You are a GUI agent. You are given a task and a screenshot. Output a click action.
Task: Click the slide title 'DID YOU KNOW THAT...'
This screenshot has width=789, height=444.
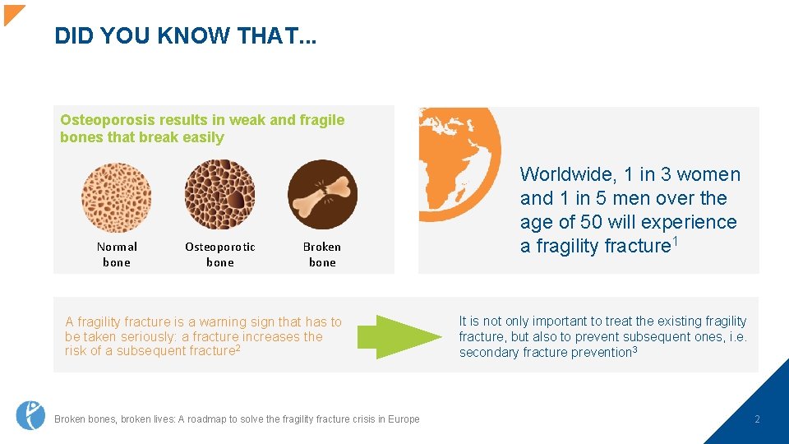coord(186,35)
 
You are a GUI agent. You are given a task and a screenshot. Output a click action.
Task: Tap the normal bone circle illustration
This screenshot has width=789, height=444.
coord(116,197)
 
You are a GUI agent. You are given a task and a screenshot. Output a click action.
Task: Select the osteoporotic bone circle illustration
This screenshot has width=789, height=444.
coord(219,195)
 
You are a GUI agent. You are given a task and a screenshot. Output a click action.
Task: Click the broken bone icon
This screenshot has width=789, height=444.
coord(322,195)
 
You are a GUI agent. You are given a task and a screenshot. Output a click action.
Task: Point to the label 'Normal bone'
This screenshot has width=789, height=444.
coord(117,254)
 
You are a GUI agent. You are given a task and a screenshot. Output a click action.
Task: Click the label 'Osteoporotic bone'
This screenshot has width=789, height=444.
coord(219,254)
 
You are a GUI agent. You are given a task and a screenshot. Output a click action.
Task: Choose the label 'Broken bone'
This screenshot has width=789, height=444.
coord(322,254)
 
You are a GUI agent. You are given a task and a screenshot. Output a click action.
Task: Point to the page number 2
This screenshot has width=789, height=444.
coord(757,419)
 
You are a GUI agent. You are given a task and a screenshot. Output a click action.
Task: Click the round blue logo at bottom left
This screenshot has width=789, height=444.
coord(30,415)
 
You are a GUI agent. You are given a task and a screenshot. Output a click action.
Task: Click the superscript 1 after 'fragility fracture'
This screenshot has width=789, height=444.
coord(676,240)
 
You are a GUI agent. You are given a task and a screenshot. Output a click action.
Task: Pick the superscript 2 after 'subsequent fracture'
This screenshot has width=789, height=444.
coord(238,349)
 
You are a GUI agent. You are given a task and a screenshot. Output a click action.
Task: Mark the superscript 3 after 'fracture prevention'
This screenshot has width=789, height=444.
coord(634,350)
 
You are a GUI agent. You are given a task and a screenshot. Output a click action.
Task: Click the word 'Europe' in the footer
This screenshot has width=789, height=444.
coord(403,419)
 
